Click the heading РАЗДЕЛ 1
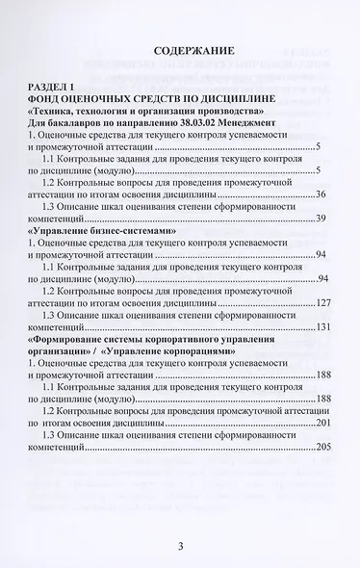tap(81, 85)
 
